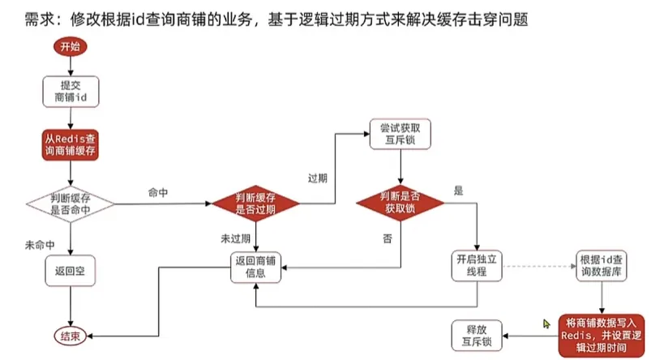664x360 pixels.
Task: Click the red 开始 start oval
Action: [x=71, y=46]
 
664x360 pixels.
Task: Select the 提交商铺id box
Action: [x=71, y=91]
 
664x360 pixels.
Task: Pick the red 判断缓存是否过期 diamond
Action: [x=255, y=204]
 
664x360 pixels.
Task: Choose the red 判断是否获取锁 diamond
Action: [x=401, y=204]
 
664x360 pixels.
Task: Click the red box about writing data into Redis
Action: [x=601, y=335]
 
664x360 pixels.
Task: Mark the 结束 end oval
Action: [x=71, y=335]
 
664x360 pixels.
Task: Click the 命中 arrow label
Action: [x=158, y=192]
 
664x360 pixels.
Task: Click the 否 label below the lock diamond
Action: [x=387, y=238]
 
